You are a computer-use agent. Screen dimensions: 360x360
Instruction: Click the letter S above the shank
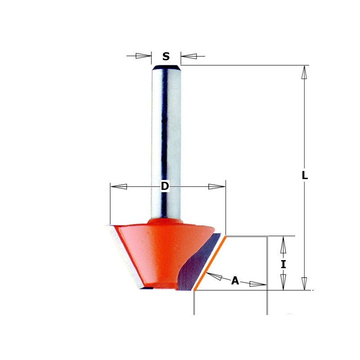coord(166,57)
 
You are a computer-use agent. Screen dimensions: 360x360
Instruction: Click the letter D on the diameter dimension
coord(165,186)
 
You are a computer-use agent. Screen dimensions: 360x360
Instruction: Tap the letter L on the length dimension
coord(305,175)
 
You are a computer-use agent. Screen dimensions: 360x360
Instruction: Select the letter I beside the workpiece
coord(283,265)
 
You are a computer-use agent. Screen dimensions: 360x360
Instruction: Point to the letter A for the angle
coord(235,281)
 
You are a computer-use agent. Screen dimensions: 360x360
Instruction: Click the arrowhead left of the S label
coord(143,56)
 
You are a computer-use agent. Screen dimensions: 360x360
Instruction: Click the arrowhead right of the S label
coord(189,56)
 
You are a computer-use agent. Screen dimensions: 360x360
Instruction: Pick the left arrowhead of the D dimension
coord(119,186)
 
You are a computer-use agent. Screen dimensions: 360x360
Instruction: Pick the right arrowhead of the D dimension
coord(216,186)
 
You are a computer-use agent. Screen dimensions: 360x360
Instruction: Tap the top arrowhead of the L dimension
coord(304,72)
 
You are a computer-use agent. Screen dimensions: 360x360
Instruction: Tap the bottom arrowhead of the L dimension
coord(304,283)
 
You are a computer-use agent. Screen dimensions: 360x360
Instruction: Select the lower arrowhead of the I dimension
coord(283,282)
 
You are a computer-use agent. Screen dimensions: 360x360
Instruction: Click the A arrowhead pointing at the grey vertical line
coord(257,284)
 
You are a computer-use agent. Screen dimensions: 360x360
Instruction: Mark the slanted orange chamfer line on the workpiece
coord(210,263)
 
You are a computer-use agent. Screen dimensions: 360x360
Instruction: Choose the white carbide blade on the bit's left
coord(126,256)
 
